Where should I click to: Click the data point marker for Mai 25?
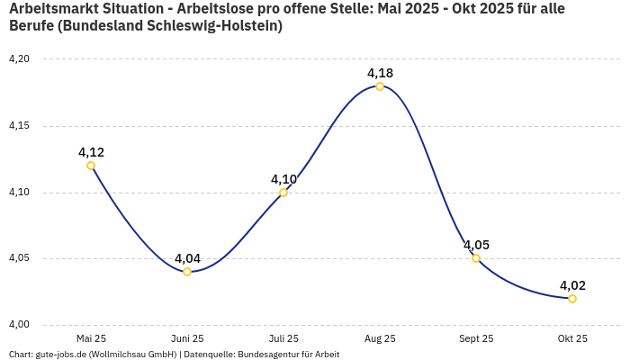click(x=91, y=166)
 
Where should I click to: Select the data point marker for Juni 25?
click(x=187, y=272)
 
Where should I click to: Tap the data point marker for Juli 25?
click(x=283, y=193)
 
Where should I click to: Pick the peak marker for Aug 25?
click(x=380, y=86)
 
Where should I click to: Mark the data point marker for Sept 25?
click(x=476, y=258)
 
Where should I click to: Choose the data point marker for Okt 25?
click(x=572, y=299)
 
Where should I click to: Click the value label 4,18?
click(x=380, y=73)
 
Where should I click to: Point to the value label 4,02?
click(x=572, y=285)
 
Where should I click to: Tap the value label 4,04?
click(x=187, y=258)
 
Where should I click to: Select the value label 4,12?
click(x=91, y=152)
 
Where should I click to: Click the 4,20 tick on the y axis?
click(x=19, y=59)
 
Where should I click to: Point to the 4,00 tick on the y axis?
click(x=19, y=325)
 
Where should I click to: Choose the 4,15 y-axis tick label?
click(x=19, y=126)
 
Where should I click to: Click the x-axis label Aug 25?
click(x=380, y=338)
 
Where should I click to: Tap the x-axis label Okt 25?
click(x=572, y=338)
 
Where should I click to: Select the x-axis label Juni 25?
click(x=187, y=338)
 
